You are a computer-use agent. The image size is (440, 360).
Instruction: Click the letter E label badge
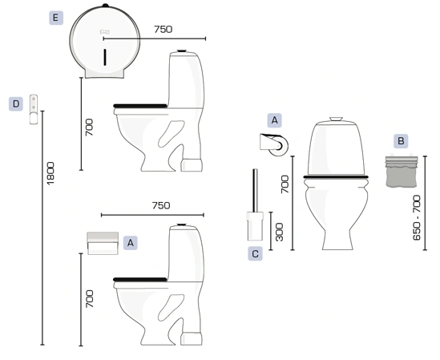click(56, 18)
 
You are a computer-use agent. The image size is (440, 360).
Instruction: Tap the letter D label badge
click(16, 104)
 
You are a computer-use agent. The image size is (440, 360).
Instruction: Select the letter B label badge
click(401, 140)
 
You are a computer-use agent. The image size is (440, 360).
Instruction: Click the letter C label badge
click(255, 254)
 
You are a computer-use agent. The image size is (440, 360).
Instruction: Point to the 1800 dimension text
click(50, 173)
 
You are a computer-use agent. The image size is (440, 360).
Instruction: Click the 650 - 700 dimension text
click(417, 217)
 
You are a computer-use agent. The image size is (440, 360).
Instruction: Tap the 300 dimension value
click(279, 233)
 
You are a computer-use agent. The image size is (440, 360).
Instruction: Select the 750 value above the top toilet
click(163, 29)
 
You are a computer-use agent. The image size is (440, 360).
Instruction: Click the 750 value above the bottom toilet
click(161, 205)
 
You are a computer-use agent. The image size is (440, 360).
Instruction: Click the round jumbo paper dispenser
click(104, 42)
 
